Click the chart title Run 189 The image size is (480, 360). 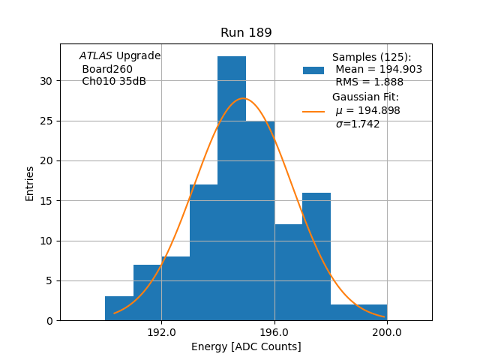click(246, 33)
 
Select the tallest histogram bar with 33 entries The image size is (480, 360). click(232, 187)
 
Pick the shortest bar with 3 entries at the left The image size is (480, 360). click(119, 308)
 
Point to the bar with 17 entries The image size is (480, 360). click(203, 252)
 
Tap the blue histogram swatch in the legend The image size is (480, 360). click(313, 70)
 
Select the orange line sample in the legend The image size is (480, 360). click(313, 111)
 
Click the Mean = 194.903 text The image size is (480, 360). click(379, 70)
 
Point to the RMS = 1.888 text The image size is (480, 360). click(369, 82)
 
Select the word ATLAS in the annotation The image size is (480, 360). click(96, 56)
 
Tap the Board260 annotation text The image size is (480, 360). click(107, 69)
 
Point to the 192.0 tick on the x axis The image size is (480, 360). click(161, 332)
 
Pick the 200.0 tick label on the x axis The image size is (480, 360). click(387, 332)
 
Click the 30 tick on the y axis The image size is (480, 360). click(48, 81)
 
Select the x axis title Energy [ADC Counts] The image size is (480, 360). click(246, 346)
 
